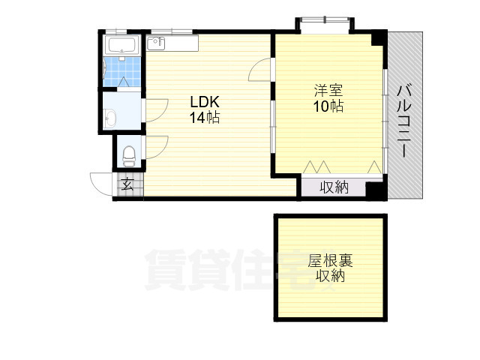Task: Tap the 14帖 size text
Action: pos(204,118)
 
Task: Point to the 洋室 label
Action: pos(328,91)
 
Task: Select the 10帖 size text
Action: pos(328,106)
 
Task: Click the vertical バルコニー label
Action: pos(403,120)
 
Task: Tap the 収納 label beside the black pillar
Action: pos(335,187)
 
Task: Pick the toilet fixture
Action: pos(128,154)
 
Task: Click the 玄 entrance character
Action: pos(128,184)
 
